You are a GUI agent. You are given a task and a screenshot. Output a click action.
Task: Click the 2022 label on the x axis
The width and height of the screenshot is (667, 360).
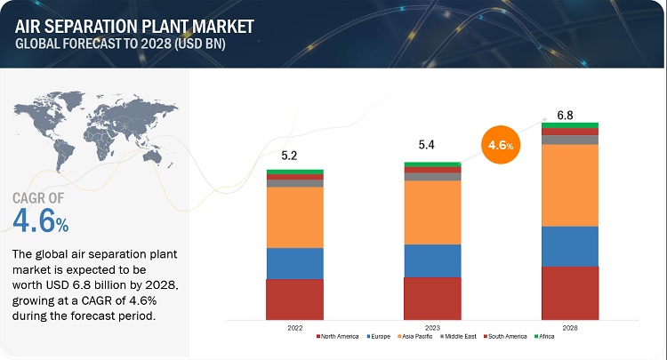[294, 328]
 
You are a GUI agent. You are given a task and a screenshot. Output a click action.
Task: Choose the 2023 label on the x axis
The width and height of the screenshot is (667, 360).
[432, 328]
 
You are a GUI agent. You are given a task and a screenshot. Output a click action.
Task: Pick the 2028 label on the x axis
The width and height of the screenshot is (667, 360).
[570, 328]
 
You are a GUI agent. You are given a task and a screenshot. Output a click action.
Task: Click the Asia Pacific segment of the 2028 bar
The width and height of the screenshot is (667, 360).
[570, 185]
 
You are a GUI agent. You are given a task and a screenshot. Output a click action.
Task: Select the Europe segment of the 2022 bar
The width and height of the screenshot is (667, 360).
[294, 263]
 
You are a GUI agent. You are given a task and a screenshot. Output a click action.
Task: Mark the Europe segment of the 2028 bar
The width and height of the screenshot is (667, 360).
[570, 246]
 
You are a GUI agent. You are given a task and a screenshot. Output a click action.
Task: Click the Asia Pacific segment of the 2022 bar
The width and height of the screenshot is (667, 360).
[294, 217]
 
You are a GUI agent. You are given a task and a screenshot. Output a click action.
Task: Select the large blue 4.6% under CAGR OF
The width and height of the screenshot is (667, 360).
[41, 220]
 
